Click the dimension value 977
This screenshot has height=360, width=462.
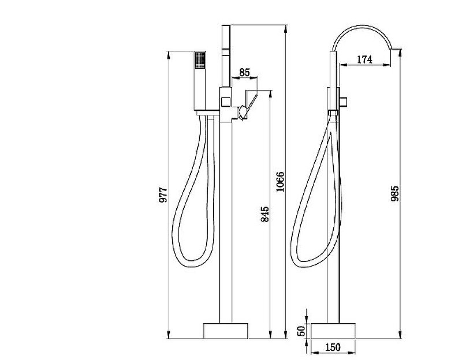163,194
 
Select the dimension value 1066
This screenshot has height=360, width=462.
280,182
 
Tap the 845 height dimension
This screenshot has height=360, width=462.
265,214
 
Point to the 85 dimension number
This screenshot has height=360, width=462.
244,72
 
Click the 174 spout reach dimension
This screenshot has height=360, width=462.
364,59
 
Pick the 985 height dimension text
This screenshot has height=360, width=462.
394,193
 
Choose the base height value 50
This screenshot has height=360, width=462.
301,331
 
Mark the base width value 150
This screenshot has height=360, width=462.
333,347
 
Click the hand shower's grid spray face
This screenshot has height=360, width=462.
200,61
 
